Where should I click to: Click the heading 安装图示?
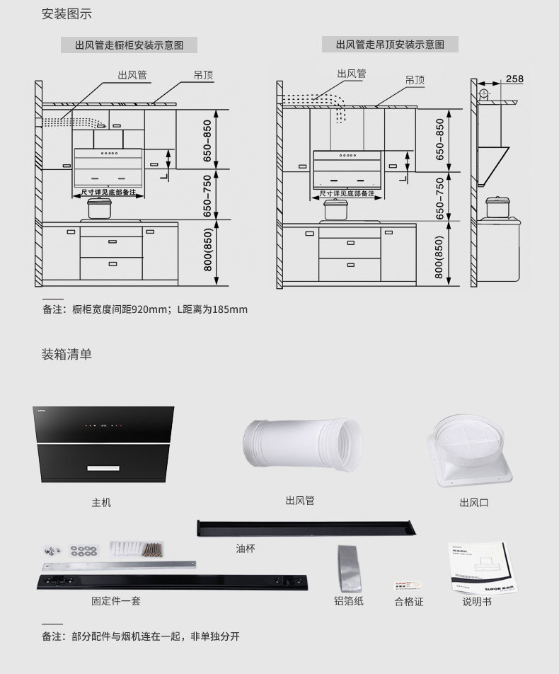click(x=67, y=14)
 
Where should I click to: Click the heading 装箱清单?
click(x=67, y=354)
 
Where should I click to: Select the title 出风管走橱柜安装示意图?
click(x=129, y=45)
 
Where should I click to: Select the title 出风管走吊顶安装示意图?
click(x=390, y=45)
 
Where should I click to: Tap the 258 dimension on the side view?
click(x=514, y=79)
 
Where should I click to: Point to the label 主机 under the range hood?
click(x=101, y=503)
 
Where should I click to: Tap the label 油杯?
click(x=246, y=549)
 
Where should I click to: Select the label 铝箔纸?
click(x=349, y=601)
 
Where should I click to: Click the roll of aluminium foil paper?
click(x=350, y=568)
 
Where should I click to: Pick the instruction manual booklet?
click(x=480, y=568)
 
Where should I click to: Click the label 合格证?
click(x=409, y=602)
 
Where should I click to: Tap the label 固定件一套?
click(x=116, y=601)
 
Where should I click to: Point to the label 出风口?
click(x=474, y=503)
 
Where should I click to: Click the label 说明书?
click(x=477, y=602)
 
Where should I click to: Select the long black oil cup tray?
click(x=306, y=528)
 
